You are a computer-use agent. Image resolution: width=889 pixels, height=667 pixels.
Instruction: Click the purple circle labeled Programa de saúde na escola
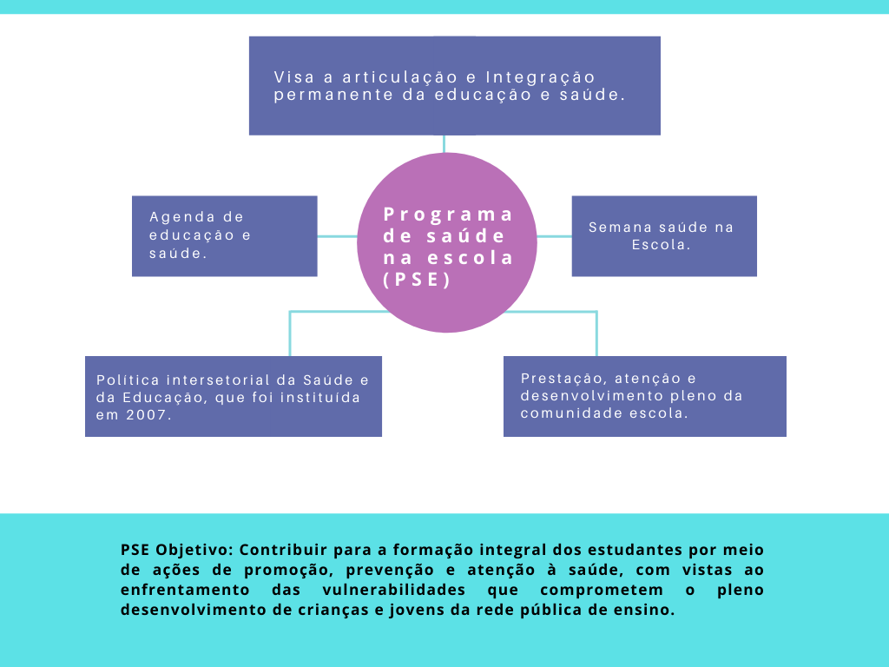click(x=447, y=243)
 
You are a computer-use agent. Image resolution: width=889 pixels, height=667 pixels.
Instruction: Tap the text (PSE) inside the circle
click(x=418, y=280)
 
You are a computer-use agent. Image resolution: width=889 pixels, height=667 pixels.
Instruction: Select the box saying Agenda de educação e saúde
click(x=225, y=236)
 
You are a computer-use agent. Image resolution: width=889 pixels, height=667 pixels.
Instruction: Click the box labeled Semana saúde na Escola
click(x=664, y=236)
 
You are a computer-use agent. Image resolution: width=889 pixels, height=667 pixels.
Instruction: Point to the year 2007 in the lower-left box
click(x=148, y=415)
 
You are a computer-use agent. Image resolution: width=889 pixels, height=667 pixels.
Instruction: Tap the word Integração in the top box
click(x=540, y=77)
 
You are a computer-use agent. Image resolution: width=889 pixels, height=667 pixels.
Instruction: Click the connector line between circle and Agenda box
click(x=338, y=236)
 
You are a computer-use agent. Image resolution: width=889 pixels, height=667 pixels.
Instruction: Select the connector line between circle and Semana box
click(x=554, y=236)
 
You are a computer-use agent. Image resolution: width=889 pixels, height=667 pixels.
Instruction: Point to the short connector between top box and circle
click(x=444, y=144)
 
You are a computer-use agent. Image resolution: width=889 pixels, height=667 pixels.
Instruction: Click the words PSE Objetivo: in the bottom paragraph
click(x=177, y=550)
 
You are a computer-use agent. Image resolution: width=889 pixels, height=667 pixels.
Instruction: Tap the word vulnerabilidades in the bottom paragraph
click(x=394, y=590)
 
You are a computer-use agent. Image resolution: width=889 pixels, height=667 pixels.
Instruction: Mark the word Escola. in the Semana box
click(x=661, y=245)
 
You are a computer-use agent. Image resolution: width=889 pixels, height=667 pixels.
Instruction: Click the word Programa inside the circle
click(x=448, y=215)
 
